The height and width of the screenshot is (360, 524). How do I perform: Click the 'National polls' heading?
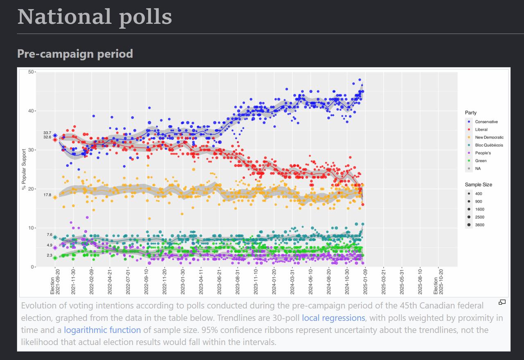point(95,17)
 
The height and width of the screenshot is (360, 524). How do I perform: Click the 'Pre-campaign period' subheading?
point(75,54)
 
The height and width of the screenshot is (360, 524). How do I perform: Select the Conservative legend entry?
point(486,122)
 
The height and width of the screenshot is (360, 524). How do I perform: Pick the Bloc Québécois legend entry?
point(489,145)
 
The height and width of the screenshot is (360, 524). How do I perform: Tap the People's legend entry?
point(483,153)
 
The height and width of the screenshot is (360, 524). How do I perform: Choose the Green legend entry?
point(481,161)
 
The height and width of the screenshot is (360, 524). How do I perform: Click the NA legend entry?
point(478,169)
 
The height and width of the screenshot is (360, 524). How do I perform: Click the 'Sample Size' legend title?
point(478,184)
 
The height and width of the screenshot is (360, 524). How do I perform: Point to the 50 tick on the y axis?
point(31,72)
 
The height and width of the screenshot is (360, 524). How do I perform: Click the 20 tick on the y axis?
point(31,189)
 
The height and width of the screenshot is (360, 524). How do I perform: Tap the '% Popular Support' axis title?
point(24,169)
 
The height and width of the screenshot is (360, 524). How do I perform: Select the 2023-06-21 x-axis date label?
point(219,282)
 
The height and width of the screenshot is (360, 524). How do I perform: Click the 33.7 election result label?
point(47,133)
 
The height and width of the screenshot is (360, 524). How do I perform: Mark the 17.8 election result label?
point(47,195)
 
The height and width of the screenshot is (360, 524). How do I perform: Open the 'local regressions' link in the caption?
point(333,318)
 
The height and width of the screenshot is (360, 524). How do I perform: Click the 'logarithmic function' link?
point(102,330)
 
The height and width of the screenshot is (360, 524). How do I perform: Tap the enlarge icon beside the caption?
point(502,302)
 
